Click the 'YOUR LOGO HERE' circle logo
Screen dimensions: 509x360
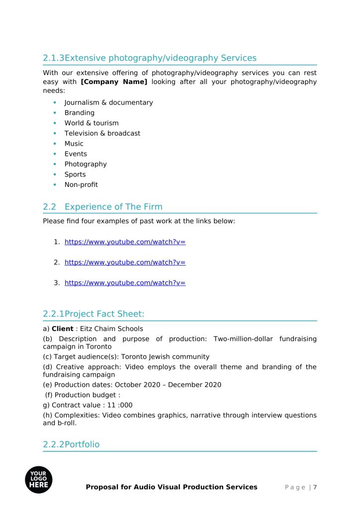pyautogui.click(x=39, y=480)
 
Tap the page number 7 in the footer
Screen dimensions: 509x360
pyautogui.click(x=315, y=487)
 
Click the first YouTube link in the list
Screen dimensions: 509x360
pyautogui.click(x=125, y=242)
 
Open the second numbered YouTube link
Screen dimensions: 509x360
pyautogui.click(x=125, y=262)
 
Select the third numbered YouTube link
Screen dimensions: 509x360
pyautogui.click(x=125, y=283)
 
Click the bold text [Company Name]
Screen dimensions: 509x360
pyautogui.click(x=114, y=82)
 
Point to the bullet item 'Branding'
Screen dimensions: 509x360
pyautogui.click(x=79, y=113)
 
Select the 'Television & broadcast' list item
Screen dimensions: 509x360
pyautogui.click(x=102, y=133)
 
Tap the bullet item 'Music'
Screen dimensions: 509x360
pyautogui.click(x=74, y=144)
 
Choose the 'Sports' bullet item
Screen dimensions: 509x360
pyautogui.click(x=75, y=174)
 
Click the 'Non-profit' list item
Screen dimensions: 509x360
pyautogui.click(x=81, y=185)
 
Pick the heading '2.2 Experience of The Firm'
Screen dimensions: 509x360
pyautogui.click(x=102, y=207)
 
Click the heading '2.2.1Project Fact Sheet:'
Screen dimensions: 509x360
pyautogui.click(x=93, y=314)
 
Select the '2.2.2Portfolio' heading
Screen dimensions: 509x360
pyautogui.click(x=71, y=444)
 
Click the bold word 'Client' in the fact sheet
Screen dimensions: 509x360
pyautogui.click(x=62, y=329)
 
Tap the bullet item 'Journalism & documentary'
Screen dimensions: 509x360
pyautogui.click(x=108, y=103)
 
